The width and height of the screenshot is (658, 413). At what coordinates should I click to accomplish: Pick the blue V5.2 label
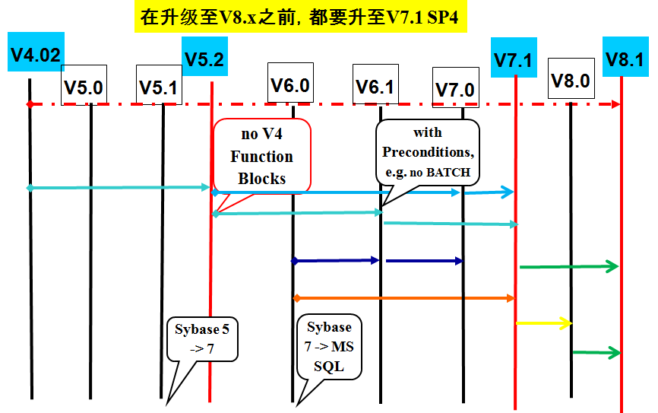pyautogui.click(x=204, y=59)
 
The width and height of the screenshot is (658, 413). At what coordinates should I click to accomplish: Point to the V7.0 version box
pyautogui.click(x=455, y=88)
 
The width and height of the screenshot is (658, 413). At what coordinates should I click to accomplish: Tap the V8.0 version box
pyautogui.click(x=571, y=79)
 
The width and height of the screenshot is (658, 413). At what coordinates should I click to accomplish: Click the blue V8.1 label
pyautogui.click(x=625, y=59)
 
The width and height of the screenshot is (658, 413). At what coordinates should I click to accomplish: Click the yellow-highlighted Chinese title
pyautogui.click(x=300, y=16)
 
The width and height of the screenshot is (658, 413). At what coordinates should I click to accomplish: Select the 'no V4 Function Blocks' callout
pyautogui.click(x=262, y=157)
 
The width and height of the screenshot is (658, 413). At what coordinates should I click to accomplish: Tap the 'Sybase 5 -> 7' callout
pyautogui.click(x=201, y=339)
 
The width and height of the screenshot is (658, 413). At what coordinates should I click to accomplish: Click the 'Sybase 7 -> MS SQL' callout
pyautogui.click(x=329, y=347)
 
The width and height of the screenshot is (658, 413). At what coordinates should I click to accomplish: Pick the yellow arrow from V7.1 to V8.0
pyautogui.click(x=543, y=323)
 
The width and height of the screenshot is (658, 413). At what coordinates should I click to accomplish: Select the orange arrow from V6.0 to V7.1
pyautogui.click(x=403, y=297)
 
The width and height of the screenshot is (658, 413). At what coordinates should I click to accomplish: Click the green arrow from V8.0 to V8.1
pyautogui.click(x=596, y=352)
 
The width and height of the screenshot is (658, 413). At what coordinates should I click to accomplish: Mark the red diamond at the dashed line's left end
pyautogui.click(x=29, y=103)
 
